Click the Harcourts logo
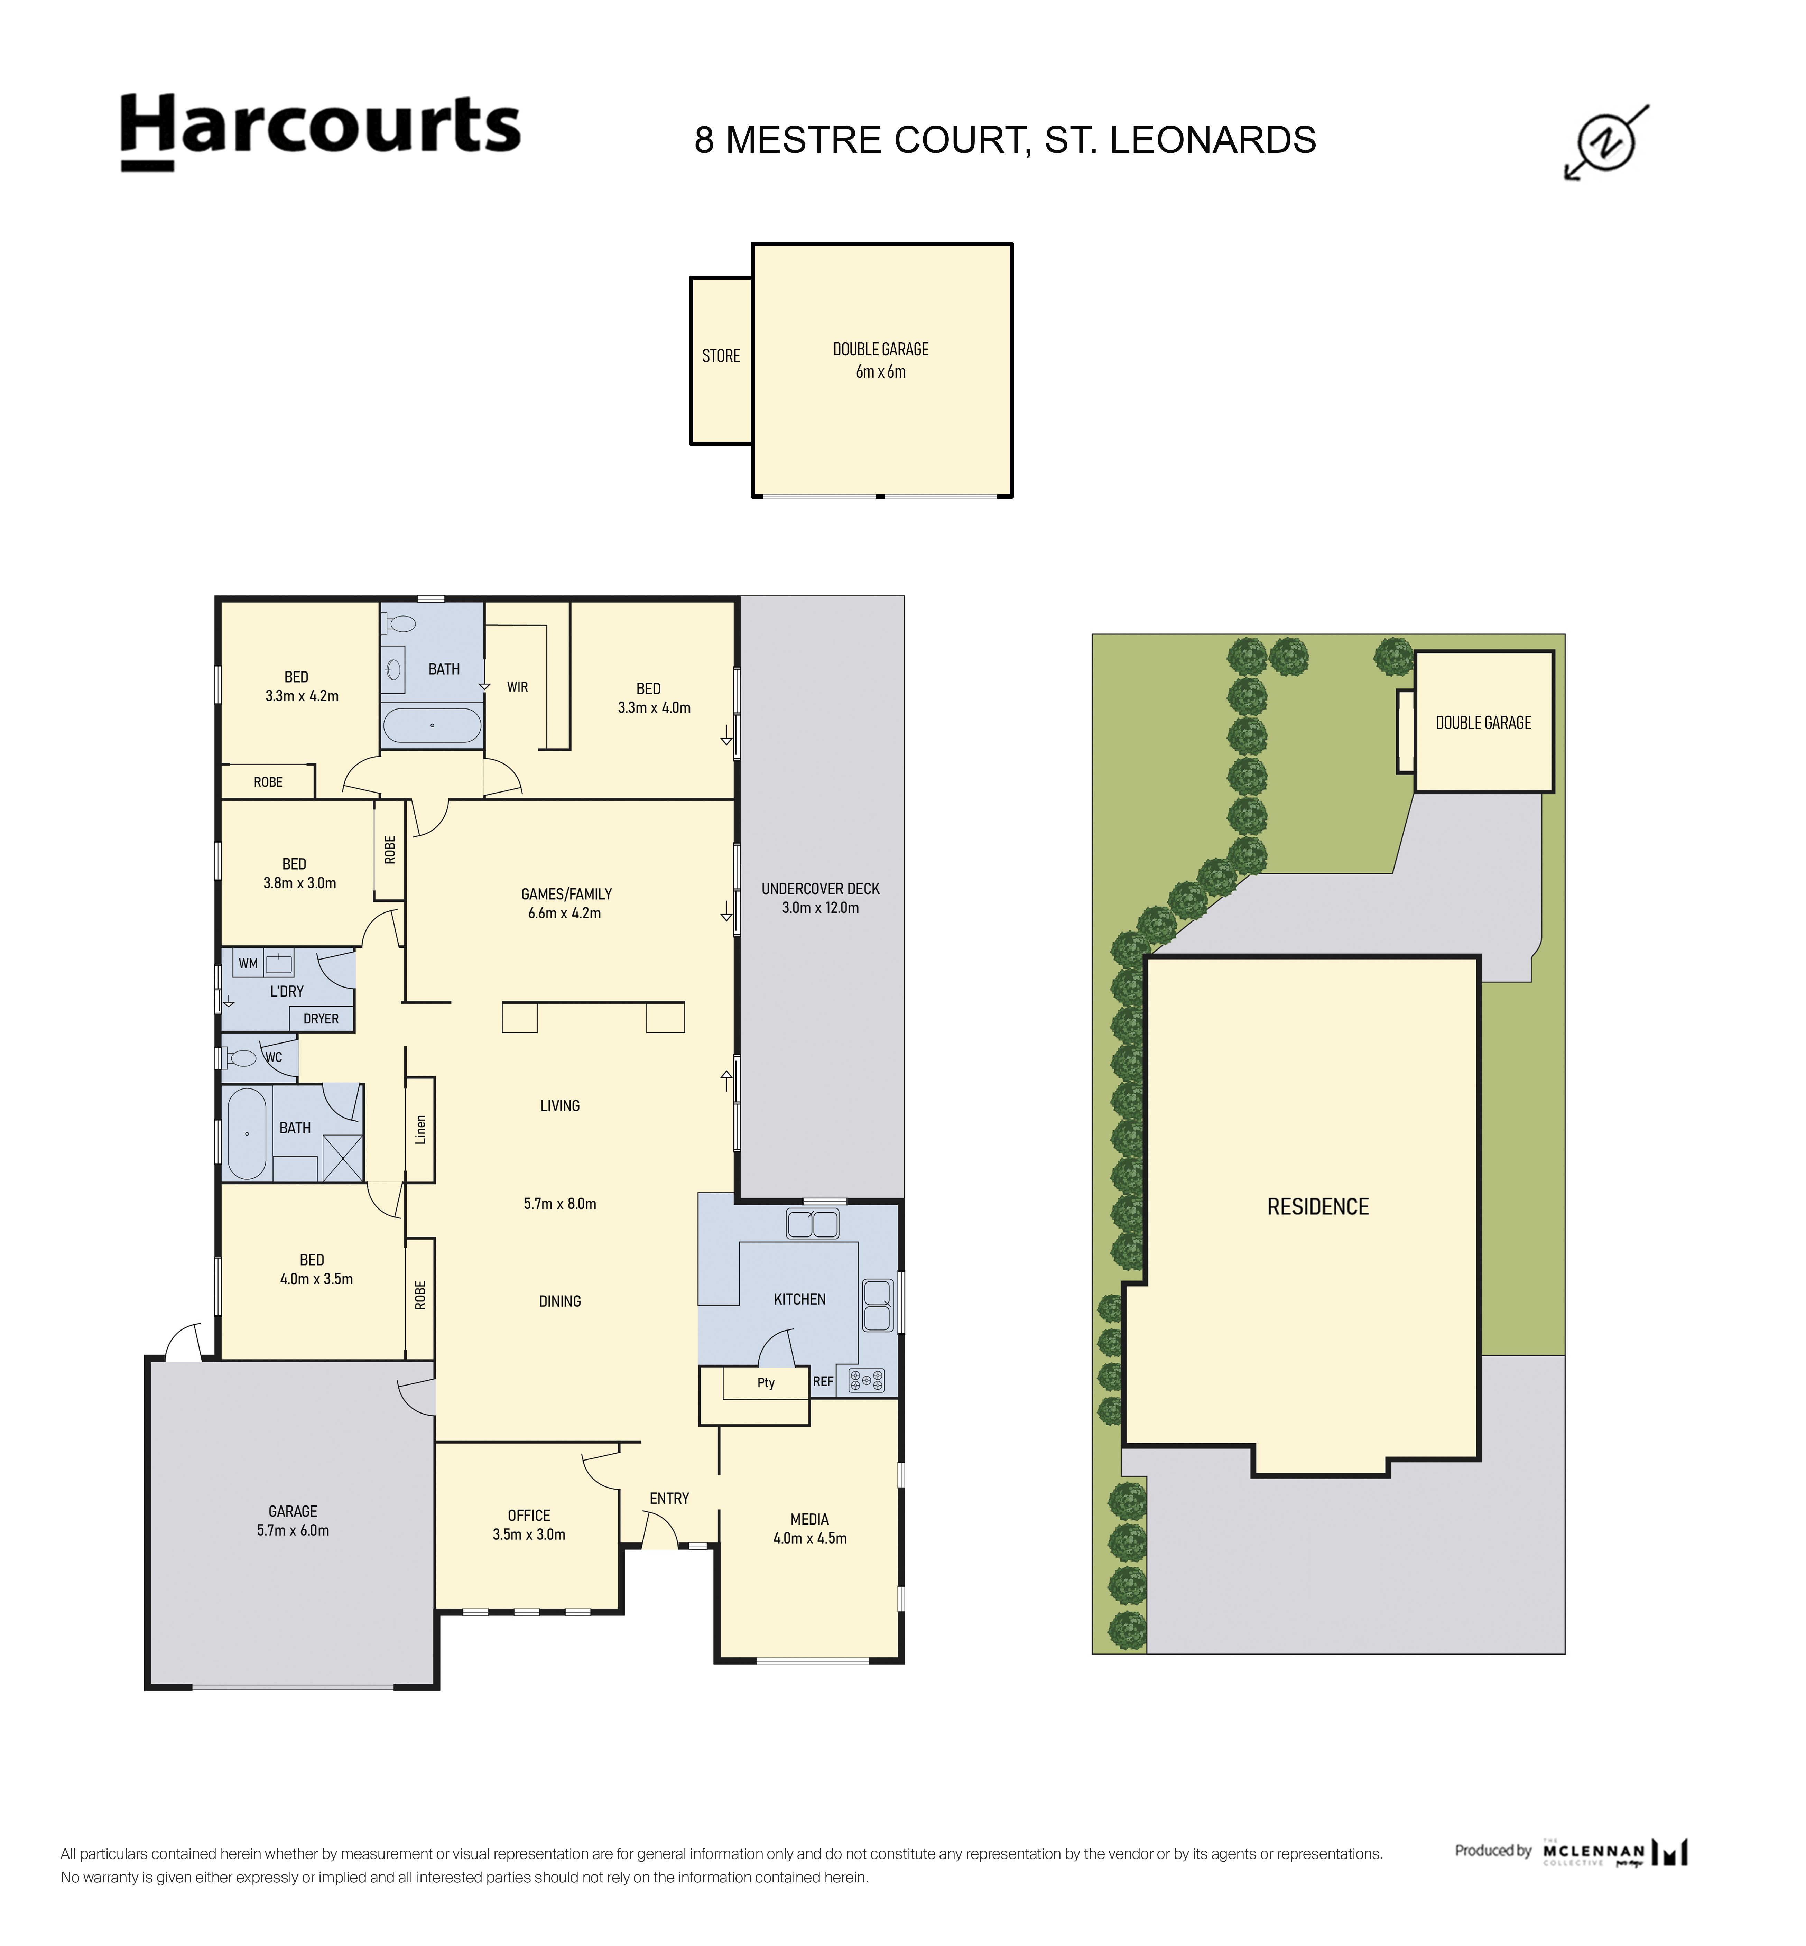click(x=321, y=131)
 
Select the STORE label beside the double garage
click(x=721, y=356)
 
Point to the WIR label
click(x=517, y=687)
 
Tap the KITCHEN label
click(x=799, y=1299)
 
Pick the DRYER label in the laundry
click(x=321, y=1018)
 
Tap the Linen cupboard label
click(x=420, y=1130)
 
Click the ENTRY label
click(x=669, y=1498)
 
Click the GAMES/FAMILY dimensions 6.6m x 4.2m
click(x=565, y=913)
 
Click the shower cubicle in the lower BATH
click(x=342, y=1158)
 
